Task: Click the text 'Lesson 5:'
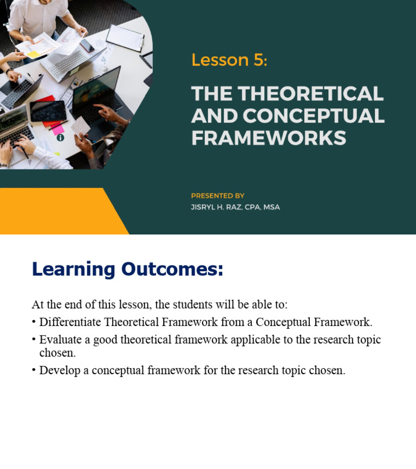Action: pyautogui.click(x=229, y=60)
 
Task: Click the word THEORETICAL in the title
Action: pyautogui.click(x=311, y=94)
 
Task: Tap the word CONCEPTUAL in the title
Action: pyautogui.click(x=313, y=116)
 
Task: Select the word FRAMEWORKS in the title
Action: pyautogui.click(x=269, y=138)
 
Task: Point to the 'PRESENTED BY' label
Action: pyautogui.click(x=218, y=196)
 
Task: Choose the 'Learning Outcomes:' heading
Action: pyautogui.click(x=127, y=269)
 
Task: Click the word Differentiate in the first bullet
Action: pyautogui.click(x=70, y=322)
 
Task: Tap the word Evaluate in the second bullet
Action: pyautogui.click(x=59, y=340)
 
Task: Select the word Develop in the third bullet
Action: pyautogui.click(x=58, y=370)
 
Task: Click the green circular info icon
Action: pyautogui.click(x=60, y=138)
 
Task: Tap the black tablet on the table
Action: pyautogui.click(x=48, y=111)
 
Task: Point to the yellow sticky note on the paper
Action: pyautogui.click(x=33, y=54)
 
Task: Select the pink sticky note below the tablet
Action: pyautogui.click(x=57, y=129)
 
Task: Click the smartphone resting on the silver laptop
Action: pyautogui.click(x=87, y=45)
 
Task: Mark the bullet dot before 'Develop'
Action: pyautogui.click(x=34, y=370)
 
